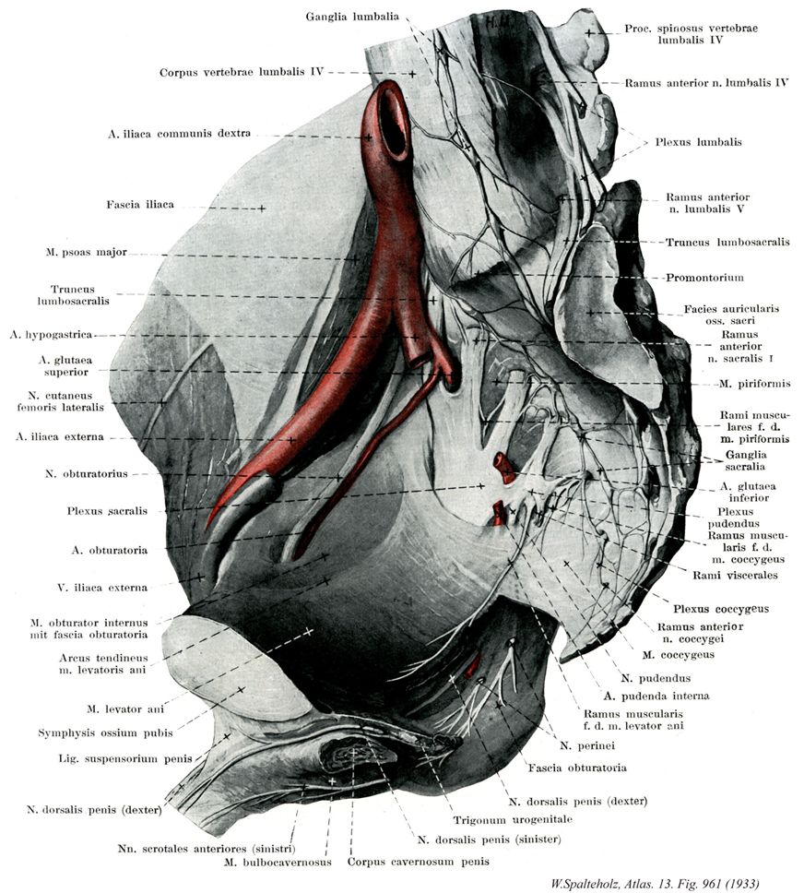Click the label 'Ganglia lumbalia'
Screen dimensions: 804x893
point(352,17)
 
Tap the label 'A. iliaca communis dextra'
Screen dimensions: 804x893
point(179,133)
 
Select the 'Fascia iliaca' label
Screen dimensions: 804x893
point(140,205)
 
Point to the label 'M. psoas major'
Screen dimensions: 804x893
point(86,252)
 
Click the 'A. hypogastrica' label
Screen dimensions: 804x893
point(51,335)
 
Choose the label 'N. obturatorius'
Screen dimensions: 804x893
point(86,473)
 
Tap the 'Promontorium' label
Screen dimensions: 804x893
point(705,278)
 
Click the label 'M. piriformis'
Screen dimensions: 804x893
point(754,383)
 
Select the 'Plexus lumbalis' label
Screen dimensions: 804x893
point(698,142)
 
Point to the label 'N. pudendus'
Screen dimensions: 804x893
point(656,678)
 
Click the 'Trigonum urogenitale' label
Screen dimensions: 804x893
point(513,820)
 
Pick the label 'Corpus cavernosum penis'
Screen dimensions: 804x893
point(419,862)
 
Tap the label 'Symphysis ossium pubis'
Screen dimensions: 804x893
point(105,733)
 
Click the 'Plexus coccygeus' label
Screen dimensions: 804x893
point(721,609)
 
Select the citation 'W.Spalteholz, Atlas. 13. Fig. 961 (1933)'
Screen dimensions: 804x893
point(655,884)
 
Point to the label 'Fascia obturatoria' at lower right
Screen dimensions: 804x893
point(577,768)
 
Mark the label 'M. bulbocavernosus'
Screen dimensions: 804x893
point(278,863)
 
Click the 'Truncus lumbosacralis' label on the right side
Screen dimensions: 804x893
point(727,242)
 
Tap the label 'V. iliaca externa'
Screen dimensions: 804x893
point(102,587)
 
